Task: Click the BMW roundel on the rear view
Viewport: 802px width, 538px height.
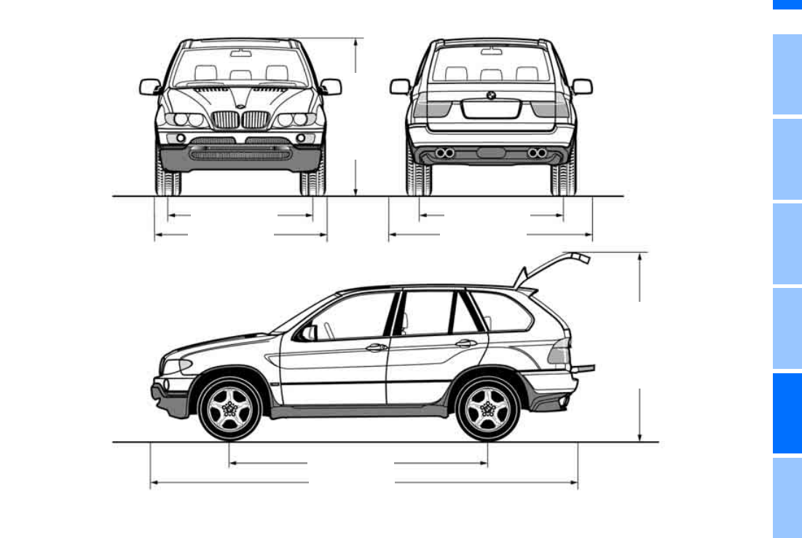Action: point(491,95)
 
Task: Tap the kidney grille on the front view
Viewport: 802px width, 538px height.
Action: point(240,120)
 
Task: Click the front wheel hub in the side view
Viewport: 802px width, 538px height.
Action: point(229,410)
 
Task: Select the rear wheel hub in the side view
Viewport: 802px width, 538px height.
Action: point(488,410)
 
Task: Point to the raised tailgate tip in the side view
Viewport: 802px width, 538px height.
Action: point(581,257)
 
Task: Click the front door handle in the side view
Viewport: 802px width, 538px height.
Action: point(377,347)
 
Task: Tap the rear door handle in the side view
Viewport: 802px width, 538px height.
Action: point(465,343)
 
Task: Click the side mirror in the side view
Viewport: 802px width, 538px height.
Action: point(309,332)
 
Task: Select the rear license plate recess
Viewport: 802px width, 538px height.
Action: point(491,109)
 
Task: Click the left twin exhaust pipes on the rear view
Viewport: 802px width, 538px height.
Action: point(444,152)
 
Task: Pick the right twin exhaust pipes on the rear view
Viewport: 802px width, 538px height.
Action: point(538,152)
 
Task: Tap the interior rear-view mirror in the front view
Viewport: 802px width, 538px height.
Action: point(240,52)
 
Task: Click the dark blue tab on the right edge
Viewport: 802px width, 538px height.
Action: point(787,413)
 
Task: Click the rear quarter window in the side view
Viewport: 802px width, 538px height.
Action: point(502,311)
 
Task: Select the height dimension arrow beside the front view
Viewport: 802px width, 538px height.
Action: point(355,117)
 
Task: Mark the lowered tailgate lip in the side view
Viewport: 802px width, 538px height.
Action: point(585,369)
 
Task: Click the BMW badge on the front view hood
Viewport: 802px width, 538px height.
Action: point(240,106)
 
